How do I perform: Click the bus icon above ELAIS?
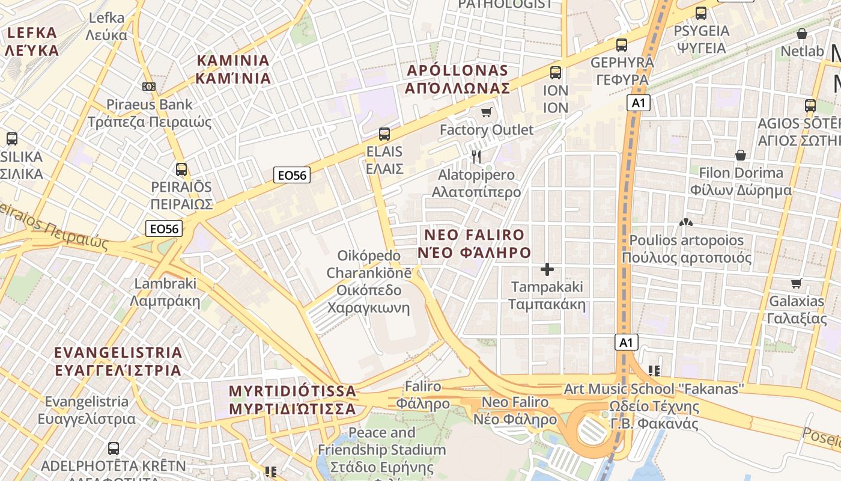(x=384, y=133)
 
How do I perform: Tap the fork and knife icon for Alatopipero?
(x=476, y=157)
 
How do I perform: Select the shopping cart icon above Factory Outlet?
(x=487, y=112)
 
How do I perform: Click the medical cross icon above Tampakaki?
(x=547, y=269)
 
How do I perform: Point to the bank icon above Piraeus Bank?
(x=149, y=87)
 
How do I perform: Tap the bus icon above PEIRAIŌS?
(x=181, y=169)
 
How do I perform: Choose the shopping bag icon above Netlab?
(x=801, y=34)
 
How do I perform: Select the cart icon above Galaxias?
(x=797, y=283)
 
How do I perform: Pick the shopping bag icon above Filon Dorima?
(x=741, y=155)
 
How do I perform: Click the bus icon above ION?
(x=556, y=73)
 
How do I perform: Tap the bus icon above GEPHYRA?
(x=622, y=44)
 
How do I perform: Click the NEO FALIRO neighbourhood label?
(x=475, y=244)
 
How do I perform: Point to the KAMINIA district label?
(x=233, y=69)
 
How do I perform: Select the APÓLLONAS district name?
(x=457, y=79)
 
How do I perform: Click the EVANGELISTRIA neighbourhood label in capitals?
(x=118, y=361)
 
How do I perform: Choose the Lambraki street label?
(x=165, y=292)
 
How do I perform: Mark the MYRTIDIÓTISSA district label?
(x=293, y=400)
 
